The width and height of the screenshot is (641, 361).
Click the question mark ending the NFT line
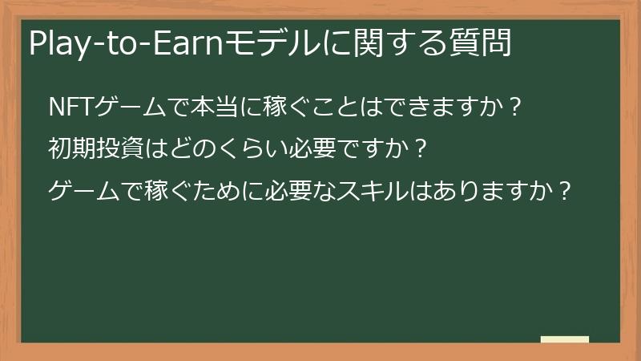click(517, 107)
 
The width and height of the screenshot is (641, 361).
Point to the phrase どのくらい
click(210, 149)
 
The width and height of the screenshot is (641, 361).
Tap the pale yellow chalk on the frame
click(565, 339)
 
